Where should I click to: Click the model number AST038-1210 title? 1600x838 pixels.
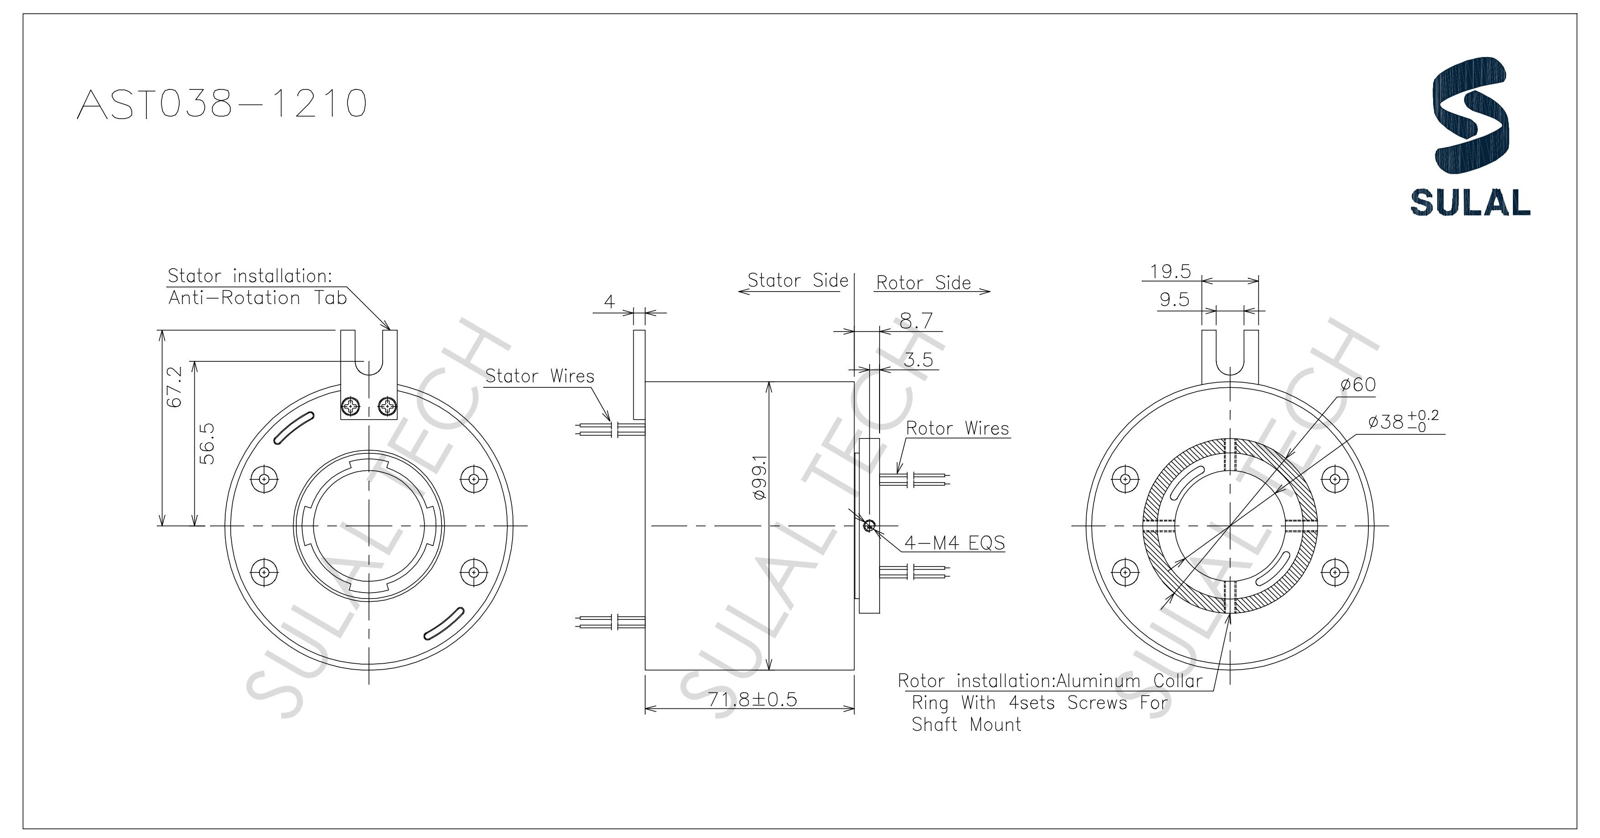(x=222, y=104)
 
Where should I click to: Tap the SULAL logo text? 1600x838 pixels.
(x=1470, y=203)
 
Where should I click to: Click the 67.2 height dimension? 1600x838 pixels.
(x=175, y=386)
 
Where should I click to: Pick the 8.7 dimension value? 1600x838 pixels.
(x=916, y=321)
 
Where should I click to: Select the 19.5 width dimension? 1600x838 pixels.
(x=1170, y=271)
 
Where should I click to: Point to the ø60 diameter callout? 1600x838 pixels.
(x=1358, y=385)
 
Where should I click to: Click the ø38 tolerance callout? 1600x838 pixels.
(x=1403, y=422)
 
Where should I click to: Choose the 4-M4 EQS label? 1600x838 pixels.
(x=953, y=543)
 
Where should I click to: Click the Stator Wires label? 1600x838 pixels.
(x=539, y=376)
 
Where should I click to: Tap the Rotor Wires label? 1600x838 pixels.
(x=957, y=428)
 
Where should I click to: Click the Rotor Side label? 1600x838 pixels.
(x=923, y=283)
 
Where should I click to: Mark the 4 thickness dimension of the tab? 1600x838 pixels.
(x=609, y=302)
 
